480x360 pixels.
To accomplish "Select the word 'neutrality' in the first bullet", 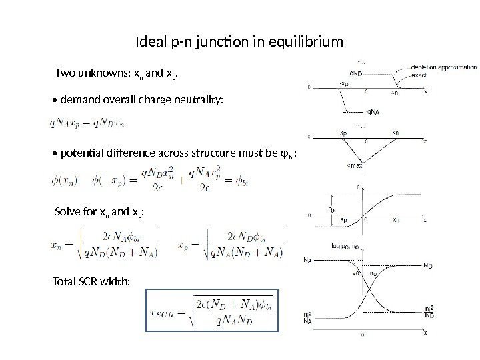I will (x=200, y=100).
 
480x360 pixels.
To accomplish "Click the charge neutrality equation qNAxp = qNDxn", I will (x=87, y=123).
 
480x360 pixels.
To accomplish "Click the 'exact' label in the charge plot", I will (x=419, y=76).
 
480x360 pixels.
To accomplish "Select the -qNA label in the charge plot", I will (x=373, y=111).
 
